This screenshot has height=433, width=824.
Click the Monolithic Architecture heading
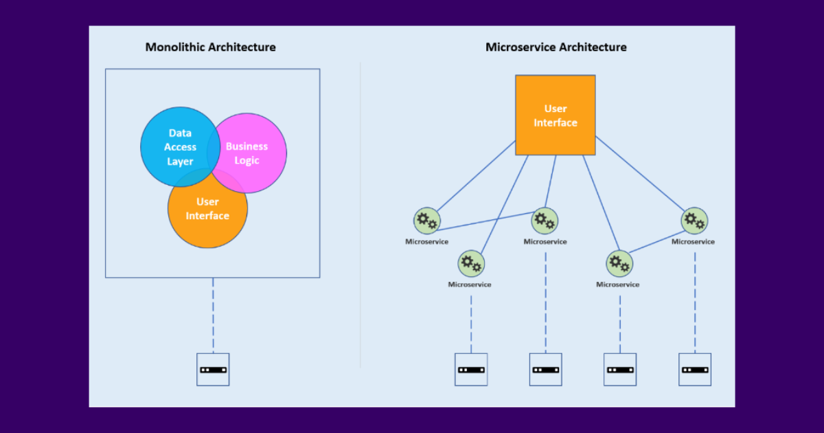[210, 47]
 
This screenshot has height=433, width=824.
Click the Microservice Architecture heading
[556, 47]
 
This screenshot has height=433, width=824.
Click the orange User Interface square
[556, 115]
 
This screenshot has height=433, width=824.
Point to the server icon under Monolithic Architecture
[213, 370]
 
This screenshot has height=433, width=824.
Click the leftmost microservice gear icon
[426, 221]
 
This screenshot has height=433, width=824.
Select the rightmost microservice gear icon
[694, 221]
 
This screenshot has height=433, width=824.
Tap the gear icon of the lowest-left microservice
[471, 263]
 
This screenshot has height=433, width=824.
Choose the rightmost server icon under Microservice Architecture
[694, 370]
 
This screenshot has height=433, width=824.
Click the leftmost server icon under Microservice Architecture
[471, 370]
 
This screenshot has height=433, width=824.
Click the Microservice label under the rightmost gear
[693, 241]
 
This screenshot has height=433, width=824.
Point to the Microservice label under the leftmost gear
[426, 241]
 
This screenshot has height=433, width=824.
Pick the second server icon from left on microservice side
[546, 370]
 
